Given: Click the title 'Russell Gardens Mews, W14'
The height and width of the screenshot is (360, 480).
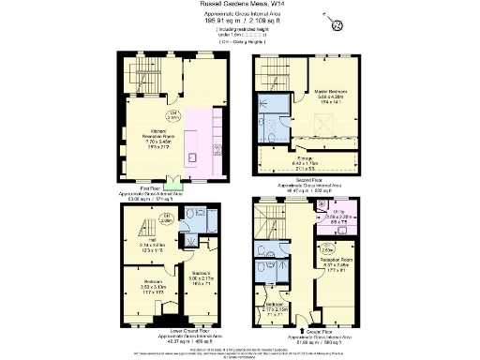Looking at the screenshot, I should [240, 5].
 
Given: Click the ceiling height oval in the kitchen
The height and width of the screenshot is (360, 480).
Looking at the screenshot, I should [200, 115].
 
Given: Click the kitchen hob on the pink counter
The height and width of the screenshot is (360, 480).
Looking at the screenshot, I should [217, 147].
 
